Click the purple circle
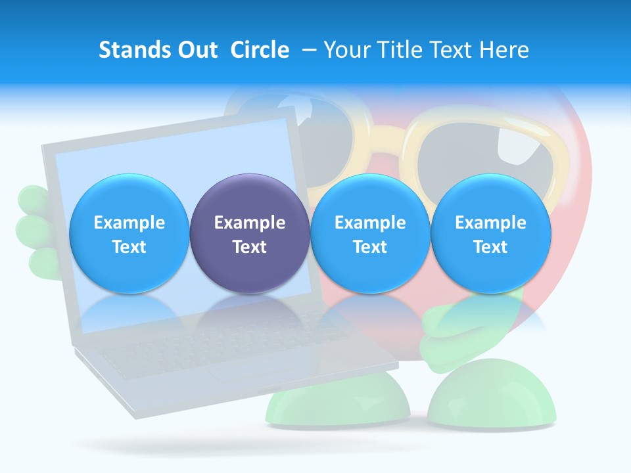tap(249, 233)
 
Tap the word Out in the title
tap(195, 50)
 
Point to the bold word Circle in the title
tap(260, 50)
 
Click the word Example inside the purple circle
tap(249, 223)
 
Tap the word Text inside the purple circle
tap(249, 247)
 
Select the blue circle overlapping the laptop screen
tap(129, 233)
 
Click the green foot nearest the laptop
tap(339, 401)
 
